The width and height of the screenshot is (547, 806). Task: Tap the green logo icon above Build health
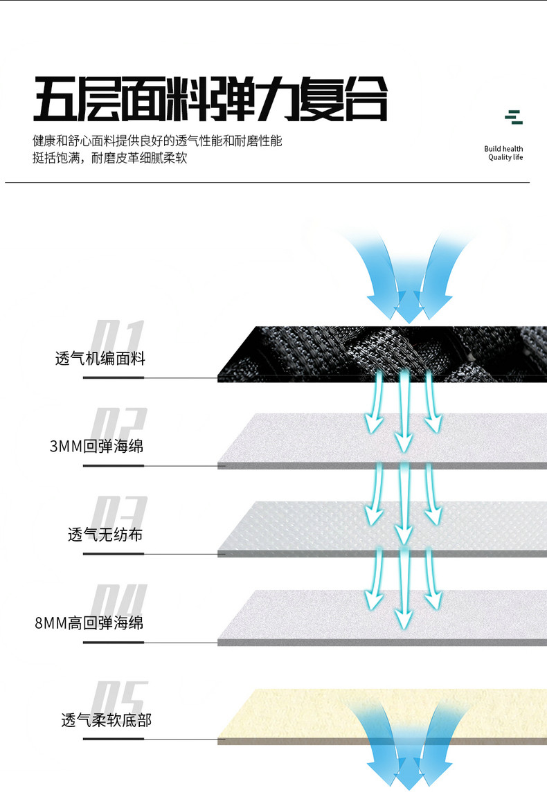pos(513,117)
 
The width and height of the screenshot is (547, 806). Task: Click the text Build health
pos(503,149)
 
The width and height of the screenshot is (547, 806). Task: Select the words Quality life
pos(505,158)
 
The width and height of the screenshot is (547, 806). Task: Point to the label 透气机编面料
pos(100,358)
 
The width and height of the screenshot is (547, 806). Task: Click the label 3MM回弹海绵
pos(96,446)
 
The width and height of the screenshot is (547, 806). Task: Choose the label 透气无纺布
pos(105,535)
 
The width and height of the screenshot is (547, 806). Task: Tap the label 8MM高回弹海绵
pos(89,623)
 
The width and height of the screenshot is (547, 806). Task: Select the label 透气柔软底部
pos(106,720)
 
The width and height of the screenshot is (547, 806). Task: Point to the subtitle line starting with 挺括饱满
pos(110,158)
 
